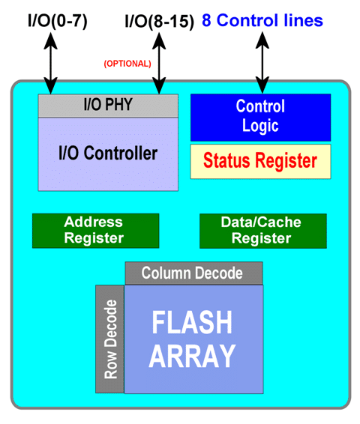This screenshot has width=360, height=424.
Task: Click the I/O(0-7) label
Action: [x=58, y=21]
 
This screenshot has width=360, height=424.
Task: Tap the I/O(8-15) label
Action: [x=160, y=21]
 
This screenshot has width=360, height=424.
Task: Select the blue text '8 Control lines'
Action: [x=262, y=20]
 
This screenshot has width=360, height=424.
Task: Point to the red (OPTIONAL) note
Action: [x=127, y=64]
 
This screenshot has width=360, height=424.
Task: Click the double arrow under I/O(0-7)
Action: [x=50, y=63]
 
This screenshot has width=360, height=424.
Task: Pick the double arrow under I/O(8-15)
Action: [x=159, y=63]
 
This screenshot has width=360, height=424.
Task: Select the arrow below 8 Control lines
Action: [x=262, y=63]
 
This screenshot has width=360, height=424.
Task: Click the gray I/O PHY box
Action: [x=108, y=106]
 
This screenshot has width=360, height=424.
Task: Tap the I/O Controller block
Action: [x=108, y=154]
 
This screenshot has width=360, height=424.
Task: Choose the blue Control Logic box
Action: [x=260, y=118]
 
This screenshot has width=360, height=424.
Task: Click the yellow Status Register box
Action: [x=260, y=161]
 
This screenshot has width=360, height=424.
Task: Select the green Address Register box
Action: [x=95, y=231]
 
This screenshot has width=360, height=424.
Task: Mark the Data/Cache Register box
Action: [x=263, y=231]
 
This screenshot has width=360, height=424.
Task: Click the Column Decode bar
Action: [x=193, y=273]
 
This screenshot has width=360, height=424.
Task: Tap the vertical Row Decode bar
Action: [x=110, y=339]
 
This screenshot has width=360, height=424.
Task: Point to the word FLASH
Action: [x=192, y=322]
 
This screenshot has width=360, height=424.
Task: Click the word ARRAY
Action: [x=192, y=355]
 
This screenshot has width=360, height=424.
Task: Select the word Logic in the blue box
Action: [x=260, y=127]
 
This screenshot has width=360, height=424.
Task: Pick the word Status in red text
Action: [x=226, y=160]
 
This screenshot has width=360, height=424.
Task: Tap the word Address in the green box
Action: [x=94, y=222]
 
